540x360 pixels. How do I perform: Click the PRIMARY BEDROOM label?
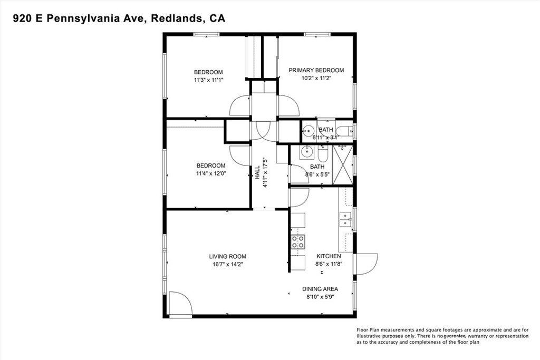tap(316, 70)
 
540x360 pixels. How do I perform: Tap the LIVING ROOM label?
tap(228, 256)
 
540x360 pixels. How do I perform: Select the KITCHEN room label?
tap(329, 256)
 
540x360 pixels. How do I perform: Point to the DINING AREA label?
tap(320, 289)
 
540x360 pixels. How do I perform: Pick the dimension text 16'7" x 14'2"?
tap(228, 264)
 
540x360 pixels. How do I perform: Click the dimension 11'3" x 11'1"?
tap(208, 80)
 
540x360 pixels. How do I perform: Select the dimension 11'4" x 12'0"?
tap(211, 173)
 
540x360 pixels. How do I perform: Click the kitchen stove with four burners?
tap(298, 241)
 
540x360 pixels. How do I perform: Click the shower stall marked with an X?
tap(343, 166)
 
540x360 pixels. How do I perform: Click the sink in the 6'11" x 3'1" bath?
tap(308, 130)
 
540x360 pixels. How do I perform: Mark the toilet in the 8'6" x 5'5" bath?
tap(323, 154)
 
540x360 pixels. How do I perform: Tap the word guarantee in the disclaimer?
tap(455, 336)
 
